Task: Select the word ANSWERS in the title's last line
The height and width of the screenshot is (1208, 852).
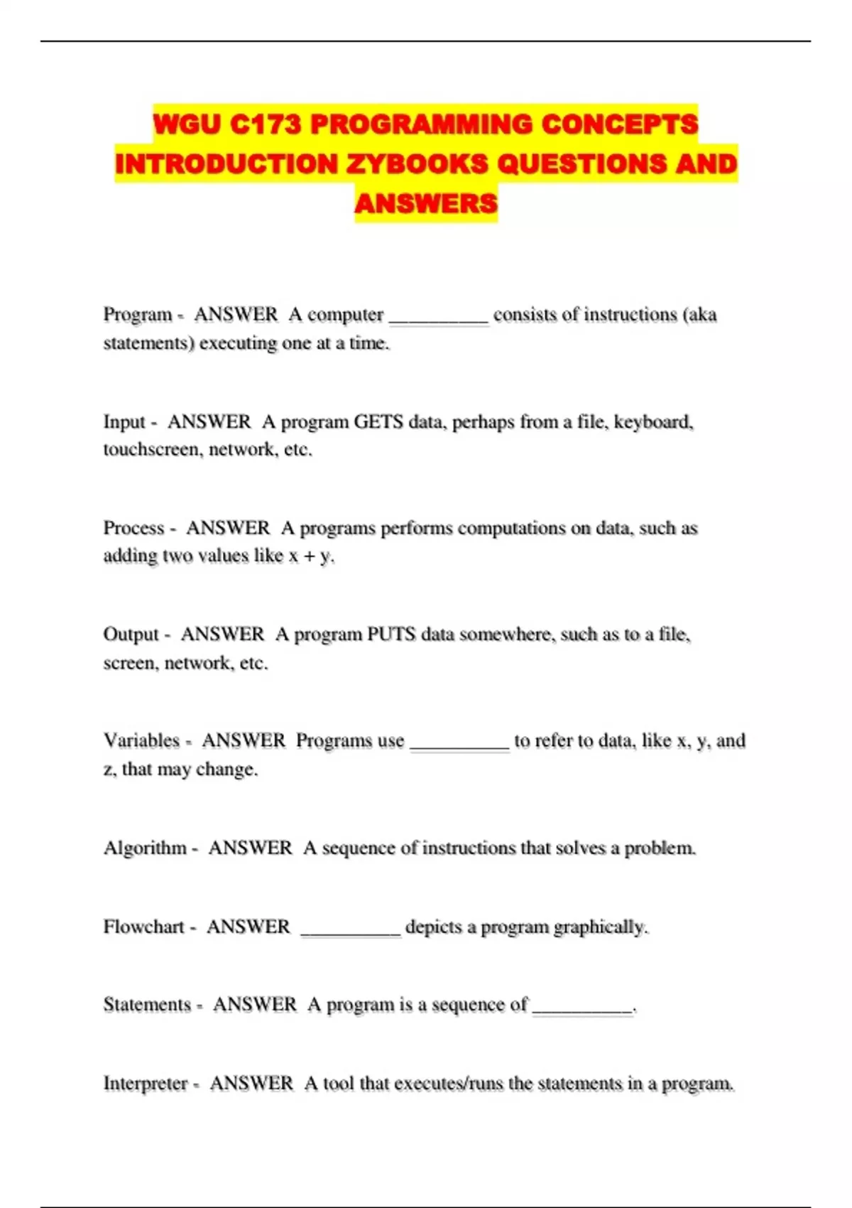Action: (426, 203)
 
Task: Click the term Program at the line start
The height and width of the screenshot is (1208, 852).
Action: (138, 314)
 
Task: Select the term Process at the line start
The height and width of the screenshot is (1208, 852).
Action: (134, 528)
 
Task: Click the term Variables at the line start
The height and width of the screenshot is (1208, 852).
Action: (141, 740)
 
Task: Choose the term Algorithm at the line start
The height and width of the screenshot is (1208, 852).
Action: (145, 848)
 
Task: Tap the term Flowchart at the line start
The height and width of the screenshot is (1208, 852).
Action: (143, 927)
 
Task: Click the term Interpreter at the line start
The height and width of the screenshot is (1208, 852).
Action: (146, 1083)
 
